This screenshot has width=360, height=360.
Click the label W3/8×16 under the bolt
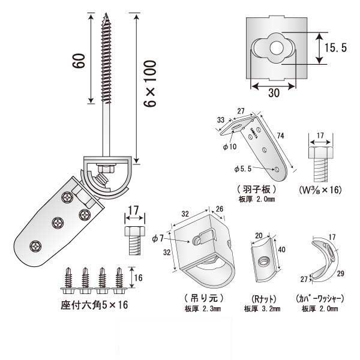coord(319,190)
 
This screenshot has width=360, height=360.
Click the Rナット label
coord(262,298)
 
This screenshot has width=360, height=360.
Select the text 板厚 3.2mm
coord(262,310)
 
